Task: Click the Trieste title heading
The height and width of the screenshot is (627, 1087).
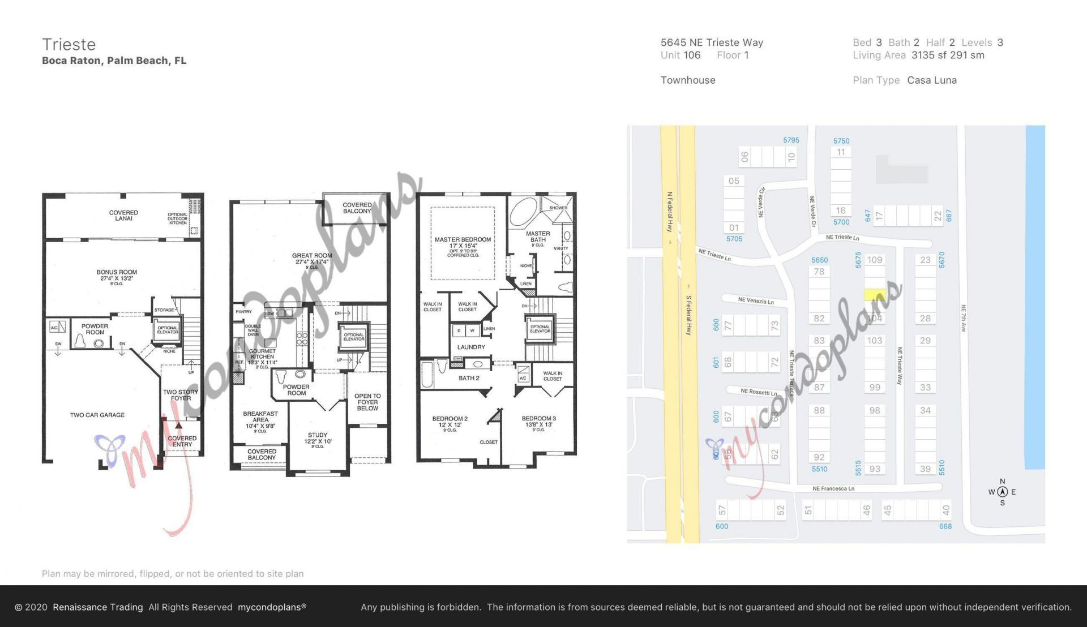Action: pos(69,45)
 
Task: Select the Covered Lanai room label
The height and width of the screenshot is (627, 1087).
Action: pos(123,216)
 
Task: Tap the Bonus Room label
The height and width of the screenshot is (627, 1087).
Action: pos(117,275)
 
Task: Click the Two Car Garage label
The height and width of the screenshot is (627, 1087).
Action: pos(97,415)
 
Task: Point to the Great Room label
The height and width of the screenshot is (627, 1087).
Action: pos(312,259)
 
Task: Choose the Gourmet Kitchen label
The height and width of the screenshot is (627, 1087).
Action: pos(262,354)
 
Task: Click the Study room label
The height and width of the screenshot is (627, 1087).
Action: pos(318,438)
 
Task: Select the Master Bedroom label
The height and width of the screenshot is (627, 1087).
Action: pos(463,243)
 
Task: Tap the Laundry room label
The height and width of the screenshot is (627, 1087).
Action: pos(471,347)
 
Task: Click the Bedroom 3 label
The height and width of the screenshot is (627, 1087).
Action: pos(538,422)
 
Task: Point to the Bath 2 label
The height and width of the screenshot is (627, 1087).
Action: pos(469,378)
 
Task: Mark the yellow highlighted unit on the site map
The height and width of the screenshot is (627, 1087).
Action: pos(875,295)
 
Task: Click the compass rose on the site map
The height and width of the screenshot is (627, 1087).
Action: pos(1002,492)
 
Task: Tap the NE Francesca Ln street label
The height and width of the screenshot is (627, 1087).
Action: pos(833,488)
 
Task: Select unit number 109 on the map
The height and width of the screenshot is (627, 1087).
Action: pos(875,260)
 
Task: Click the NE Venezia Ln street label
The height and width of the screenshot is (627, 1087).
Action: pos(755,300)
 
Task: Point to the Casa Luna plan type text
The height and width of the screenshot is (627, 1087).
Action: pos(932,80)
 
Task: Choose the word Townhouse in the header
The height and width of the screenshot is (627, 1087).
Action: pos(688,80)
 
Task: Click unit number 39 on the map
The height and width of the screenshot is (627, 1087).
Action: pos(925,469)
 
